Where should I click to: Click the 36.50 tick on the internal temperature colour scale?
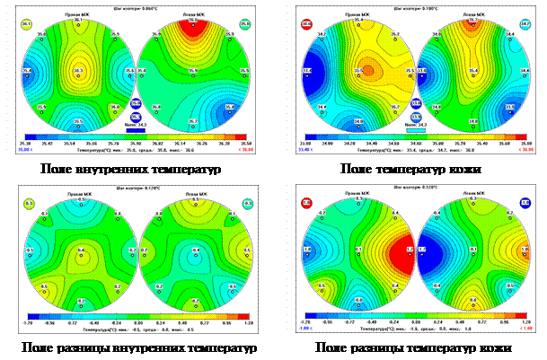(x=246, y=142)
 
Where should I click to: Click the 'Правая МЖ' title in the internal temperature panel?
(x=79, y=15)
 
